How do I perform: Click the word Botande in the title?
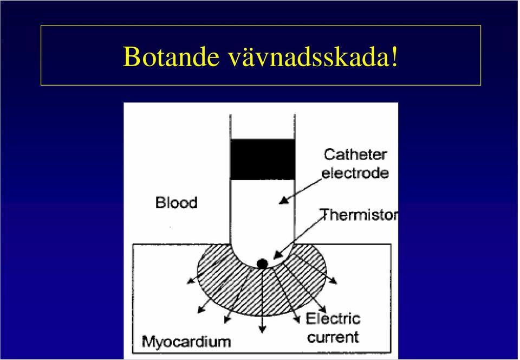coord(171,57)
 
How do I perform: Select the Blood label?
coord(177,202)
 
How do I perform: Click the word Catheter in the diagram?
coord(355,155)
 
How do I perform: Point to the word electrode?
coord(355,173)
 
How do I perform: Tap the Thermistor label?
coord(359,215)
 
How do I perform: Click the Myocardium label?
coord(186,342)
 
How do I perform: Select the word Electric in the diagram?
coord(333,319)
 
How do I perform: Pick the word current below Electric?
coord(333,337)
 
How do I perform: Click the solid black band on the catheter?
coord(262,159)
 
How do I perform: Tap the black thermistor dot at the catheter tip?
coord(262,264)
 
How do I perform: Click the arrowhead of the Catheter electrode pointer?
coord(283,200)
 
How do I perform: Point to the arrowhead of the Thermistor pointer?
coord(278,255)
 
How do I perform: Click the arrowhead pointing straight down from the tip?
coord(262,329)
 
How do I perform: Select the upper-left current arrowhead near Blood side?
coord(191,281)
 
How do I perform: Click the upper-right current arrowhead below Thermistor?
coord(333,281)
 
